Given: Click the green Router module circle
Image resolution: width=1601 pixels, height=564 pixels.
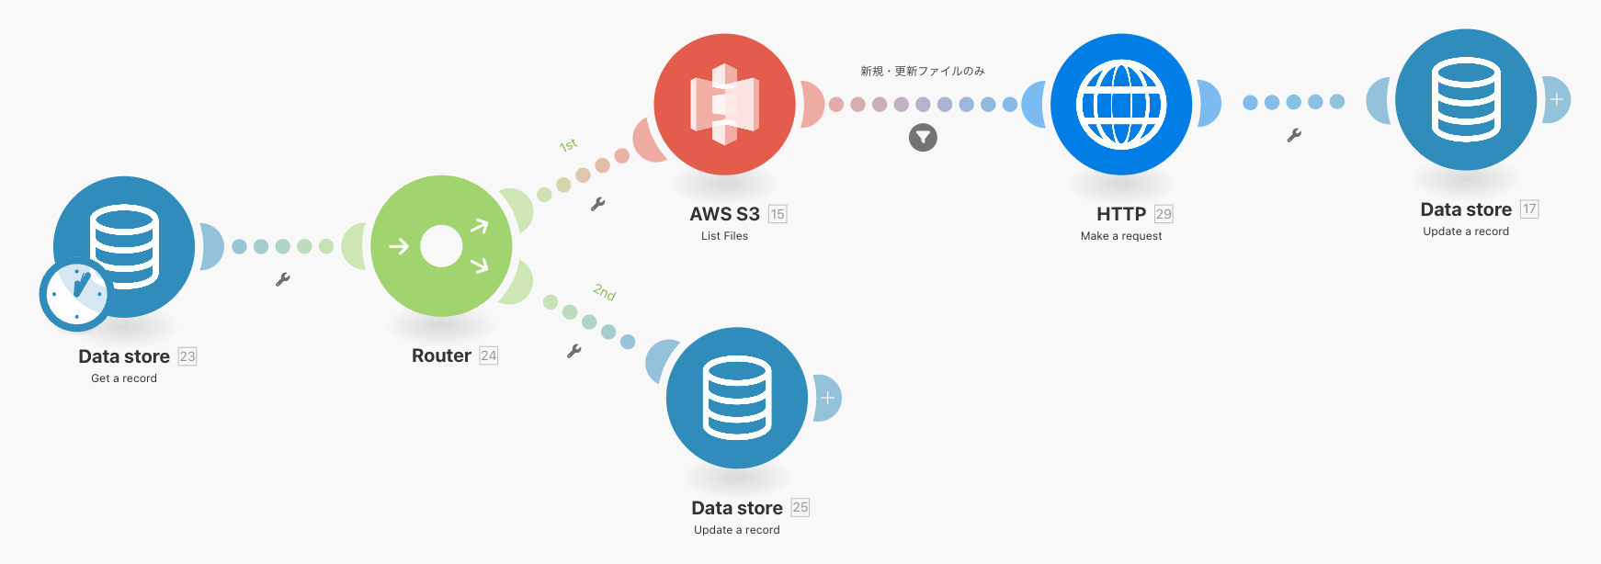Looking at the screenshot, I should coord(441,246).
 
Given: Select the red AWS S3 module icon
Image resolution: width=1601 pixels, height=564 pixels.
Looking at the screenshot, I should coord(724,105).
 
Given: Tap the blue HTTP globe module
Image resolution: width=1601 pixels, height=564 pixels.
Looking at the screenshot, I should coord(1121,105).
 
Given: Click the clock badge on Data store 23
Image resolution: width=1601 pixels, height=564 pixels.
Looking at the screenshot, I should coord(75,295).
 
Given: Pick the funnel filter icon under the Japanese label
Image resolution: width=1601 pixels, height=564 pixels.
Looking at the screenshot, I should coord(923,138).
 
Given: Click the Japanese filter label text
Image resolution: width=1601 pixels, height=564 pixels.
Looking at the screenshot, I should coord(923,71).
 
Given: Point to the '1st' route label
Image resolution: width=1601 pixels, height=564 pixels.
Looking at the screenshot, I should coord(569,145).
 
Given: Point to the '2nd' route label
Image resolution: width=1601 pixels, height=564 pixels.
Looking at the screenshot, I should coord(604,292).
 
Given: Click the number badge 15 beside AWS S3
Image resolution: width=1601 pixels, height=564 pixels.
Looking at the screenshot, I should coord(778,214).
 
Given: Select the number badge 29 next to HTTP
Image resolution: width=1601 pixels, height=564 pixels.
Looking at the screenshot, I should coord(1164,214).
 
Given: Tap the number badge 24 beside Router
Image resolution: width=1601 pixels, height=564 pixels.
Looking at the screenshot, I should coord(489,355).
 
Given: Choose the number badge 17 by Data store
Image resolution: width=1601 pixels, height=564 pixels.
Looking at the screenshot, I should coord(1529,209).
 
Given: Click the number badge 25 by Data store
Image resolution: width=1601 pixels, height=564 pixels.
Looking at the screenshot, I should coord(800,507).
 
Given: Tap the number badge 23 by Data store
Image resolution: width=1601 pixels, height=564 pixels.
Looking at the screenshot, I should coord(187,356).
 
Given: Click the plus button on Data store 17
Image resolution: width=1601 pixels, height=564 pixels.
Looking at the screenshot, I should coord(1556,99).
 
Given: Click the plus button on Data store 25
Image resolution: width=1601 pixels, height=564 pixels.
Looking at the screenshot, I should coord(827,398).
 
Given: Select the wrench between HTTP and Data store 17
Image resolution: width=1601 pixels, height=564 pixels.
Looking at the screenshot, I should coord(1294,135).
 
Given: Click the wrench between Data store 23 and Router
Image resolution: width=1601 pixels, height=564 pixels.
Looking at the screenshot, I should coord(283,279).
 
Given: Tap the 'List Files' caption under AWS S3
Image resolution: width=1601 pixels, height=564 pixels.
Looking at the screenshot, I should coord(724,236).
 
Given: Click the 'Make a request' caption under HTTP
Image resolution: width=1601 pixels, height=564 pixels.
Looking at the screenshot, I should coord(1121,236).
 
